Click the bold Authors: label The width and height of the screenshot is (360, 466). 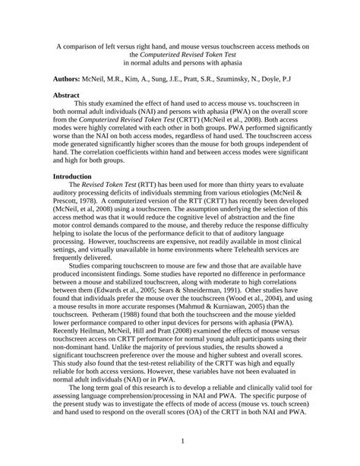(x=71, y=78)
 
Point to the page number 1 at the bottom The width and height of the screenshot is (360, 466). (x=180, y=441)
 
